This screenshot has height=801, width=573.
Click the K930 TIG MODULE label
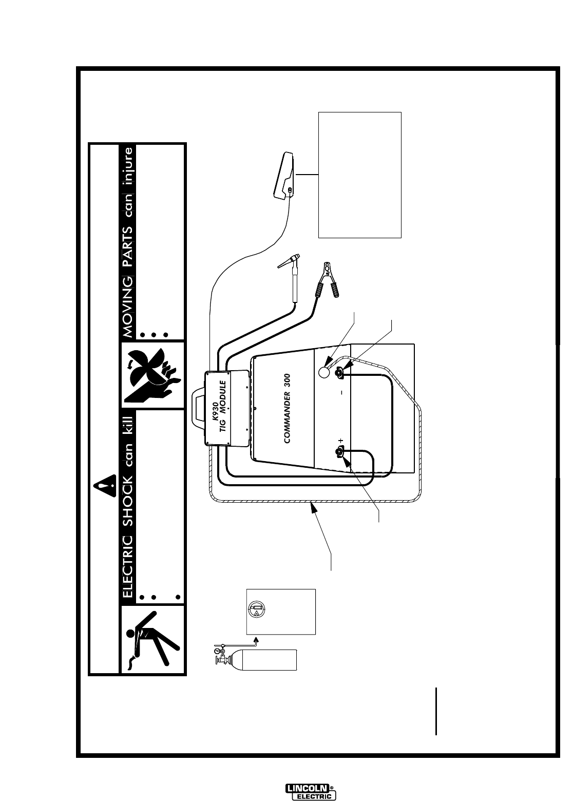pyautogui.click(x=223, y=406)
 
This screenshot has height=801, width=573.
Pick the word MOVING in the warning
pyautogui.click(x=128, y=307)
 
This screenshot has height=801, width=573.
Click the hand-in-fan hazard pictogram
pyautogui.click(x=153, y=375)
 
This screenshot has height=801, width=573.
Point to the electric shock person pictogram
pyautogui.click(x=152, y=639)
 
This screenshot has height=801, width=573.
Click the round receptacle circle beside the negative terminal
pyautogui.click(x=324, y=372)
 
